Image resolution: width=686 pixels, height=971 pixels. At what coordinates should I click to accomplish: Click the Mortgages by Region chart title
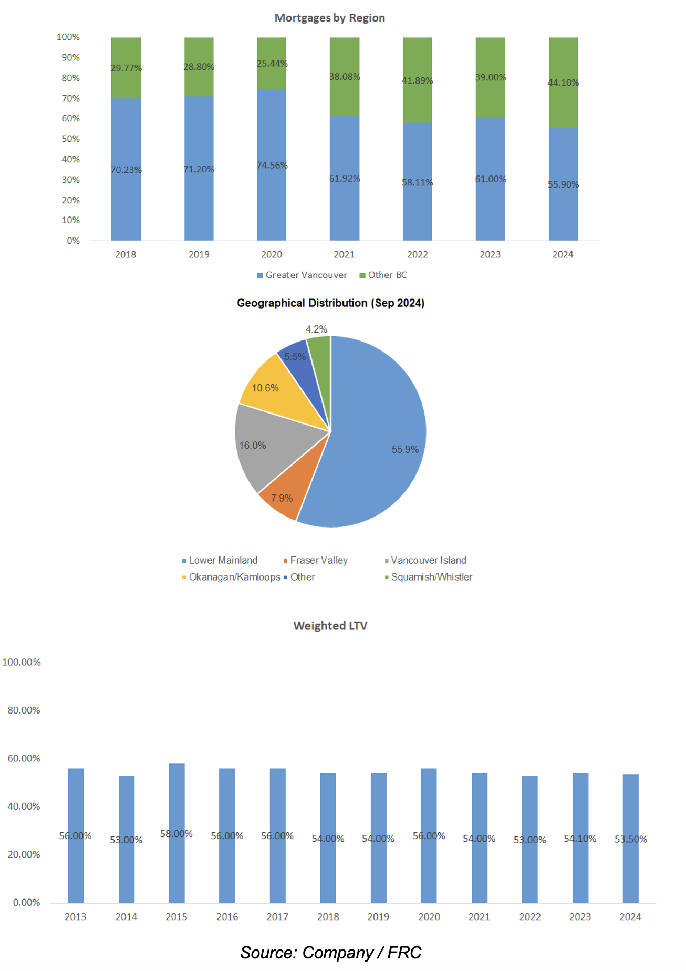click(329, 18)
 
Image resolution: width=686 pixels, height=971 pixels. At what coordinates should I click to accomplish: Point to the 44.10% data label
click(563, 82)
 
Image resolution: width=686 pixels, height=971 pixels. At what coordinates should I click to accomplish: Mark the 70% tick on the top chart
click(70, 98)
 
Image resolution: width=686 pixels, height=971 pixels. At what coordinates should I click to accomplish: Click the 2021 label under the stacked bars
click(344, 254)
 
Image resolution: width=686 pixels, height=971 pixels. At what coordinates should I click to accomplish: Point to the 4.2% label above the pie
click(316, 329)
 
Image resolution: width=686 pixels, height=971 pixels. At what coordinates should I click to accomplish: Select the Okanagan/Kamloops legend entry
click(234, 577)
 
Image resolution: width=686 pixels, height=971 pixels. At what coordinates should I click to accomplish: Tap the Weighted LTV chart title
click(330, 625)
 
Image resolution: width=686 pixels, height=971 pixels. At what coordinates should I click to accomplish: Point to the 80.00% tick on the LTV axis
click(24, 710)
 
